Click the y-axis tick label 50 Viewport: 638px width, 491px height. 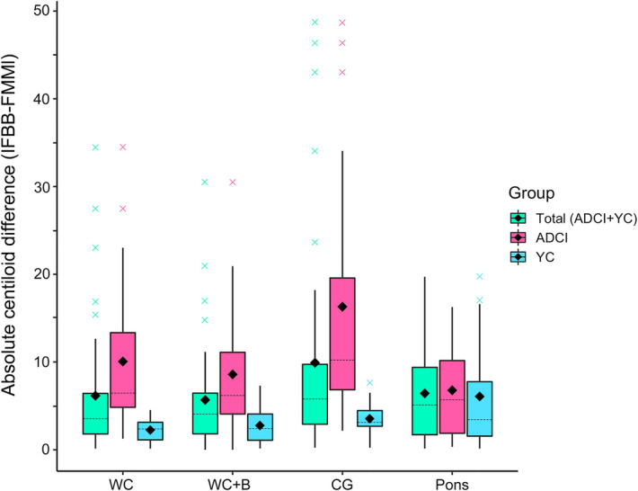[42, 10]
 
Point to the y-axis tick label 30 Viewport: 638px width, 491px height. [42, 186]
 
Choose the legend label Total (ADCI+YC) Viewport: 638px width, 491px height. [576, 218]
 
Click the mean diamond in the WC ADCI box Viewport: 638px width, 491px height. [122, 362]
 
